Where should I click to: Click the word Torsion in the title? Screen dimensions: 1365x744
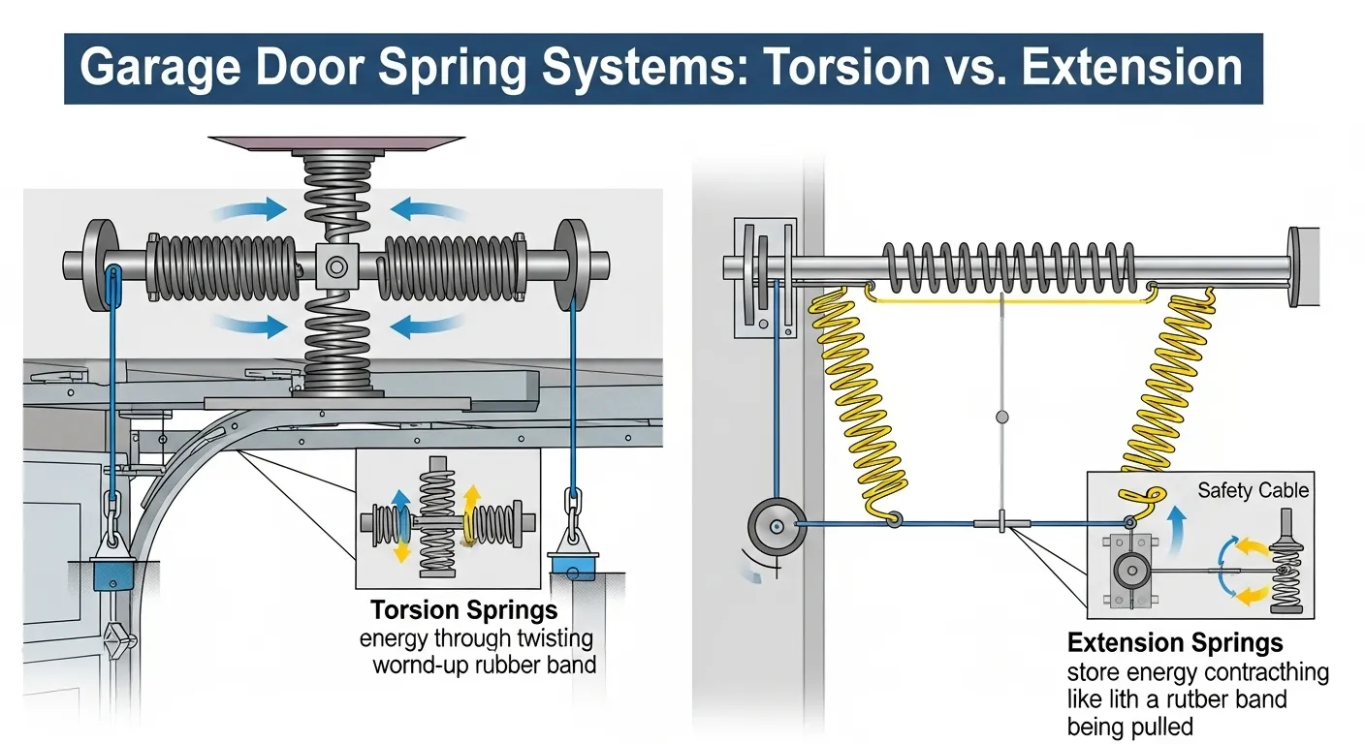click(845, 67)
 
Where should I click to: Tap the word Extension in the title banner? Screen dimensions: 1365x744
click(1132, 67)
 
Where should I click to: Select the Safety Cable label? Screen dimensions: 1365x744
click(1253, 490)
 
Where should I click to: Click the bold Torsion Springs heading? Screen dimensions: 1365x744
click(463, 610)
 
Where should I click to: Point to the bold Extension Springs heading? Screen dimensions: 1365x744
click(1175, 643)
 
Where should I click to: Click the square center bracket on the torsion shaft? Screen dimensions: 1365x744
click(337, 266)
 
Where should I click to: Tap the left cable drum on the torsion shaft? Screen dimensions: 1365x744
click(101, 265)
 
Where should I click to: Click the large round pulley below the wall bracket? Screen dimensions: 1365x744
click(777, 527)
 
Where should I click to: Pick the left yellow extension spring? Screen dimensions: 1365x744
click(859, 402)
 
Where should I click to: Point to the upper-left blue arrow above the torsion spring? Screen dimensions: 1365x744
click(250, 210)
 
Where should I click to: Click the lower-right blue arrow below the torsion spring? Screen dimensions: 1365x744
click(427, 325)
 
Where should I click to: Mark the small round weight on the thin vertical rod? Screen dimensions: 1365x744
click(1001, 418)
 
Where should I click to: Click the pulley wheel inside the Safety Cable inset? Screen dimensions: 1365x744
click(1132, 572)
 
